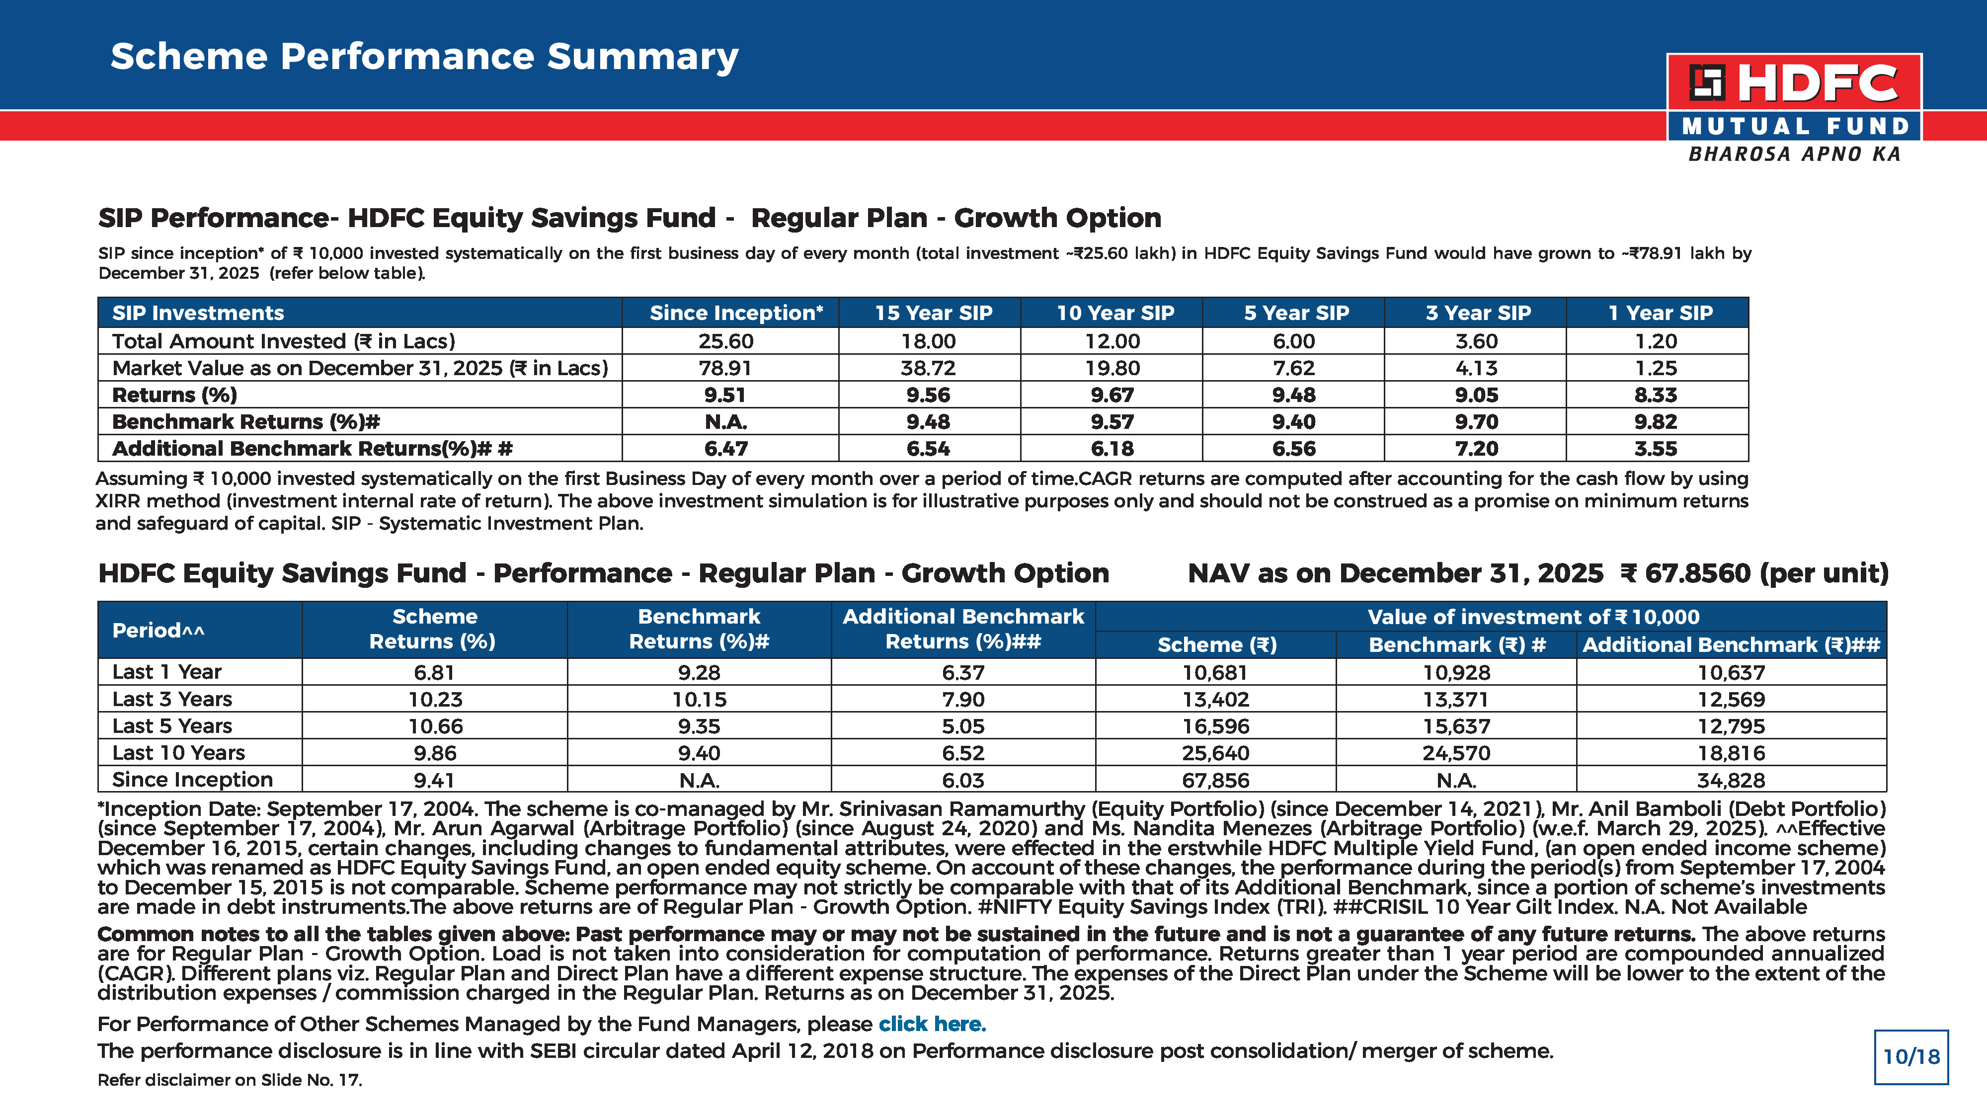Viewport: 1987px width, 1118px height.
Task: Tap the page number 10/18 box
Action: (1910, 1056)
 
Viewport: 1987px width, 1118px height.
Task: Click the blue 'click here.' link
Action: (932, 1024)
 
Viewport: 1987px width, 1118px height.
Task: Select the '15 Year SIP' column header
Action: (933, 313)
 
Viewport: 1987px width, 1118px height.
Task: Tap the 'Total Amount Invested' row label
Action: (284, 341)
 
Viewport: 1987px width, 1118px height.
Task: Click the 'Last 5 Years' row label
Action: (172, 726)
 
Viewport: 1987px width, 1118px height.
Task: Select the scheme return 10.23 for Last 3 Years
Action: (435, 699)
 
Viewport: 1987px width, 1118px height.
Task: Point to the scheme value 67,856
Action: (1216, 780)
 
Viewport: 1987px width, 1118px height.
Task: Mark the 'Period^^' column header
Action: (158, 631)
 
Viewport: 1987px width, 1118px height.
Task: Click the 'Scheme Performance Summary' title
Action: (424, 56)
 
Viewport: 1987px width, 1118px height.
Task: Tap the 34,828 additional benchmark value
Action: (1731, 780)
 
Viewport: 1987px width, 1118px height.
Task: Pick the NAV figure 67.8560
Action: (1698, 573)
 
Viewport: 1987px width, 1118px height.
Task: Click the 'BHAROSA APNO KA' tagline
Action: (1794, 155)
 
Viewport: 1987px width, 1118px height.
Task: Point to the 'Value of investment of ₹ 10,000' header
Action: (1533, 617)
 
